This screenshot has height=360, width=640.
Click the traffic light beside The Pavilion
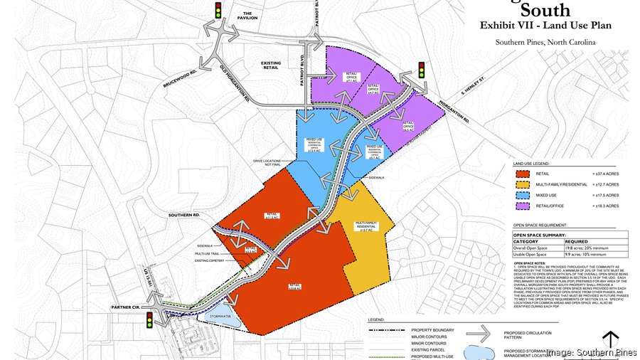tap(218, 11)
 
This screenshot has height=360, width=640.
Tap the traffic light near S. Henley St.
tap(421, 70)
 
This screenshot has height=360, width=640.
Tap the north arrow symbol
tap(609, 341)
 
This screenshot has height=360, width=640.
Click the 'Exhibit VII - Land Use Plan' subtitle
tap(546, 26)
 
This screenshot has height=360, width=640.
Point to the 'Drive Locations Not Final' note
tap(269, 164)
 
